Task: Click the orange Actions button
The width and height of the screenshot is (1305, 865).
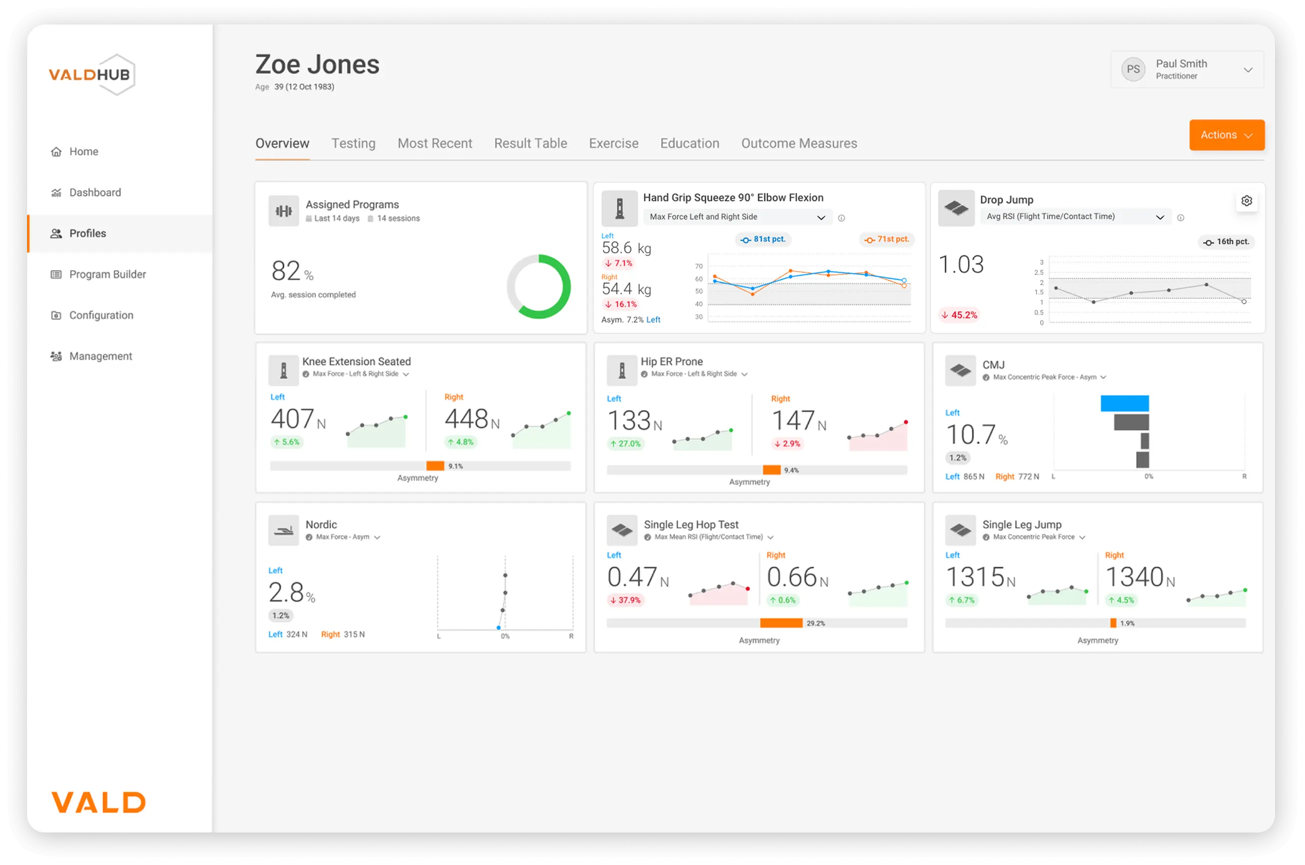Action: click(x=1226, y=135)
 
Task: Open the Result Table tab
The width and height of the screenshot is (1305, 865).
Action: click(x=530, y=144)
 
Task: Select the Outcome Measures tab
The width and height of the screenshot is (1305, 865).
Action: click(x=798, y=144)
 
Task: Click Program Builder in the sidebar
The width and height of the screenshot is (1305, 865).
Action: click(x=107, y=274)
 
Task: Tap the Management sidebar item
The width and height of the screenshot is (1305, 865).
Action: click(x=101, y=356)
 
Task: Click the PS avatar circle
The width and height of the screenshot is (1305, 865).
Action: click(x=1133, y=70)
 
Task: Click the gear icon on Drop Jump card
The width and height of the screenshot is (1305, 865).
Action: click(x=1246, y=201)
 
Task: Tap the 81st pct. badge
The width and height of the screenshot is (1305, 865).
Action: click(x=763, y=239)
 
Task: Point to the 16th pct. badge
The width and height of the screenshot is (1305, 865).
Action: click(x=1226, y=242)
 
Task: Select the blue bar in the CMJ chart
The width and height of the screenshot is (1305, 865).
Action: click(x=1124, y=403)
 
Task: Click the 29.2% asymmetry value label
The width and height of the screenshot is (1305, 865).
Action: click(x=816, y=623)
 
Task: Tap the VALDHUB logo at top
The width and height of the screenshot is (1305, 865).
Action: click(x=92, y=75)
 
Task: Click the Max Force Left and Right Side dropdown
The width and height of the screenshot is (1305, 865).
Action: click(x=737, y=217)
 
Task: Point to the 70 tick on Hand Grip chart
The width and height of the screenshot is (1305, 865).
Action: click(x=699, y=266)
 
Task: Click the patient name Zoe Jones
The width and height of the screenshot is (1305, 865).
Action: click(x=317, y=65)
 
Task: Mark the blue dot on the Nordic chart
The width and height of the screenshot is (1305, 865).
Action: click(x=498, y=628)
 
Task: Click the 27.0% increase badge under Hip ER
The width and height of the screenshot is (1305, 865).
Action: click(x=624, y=444)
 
